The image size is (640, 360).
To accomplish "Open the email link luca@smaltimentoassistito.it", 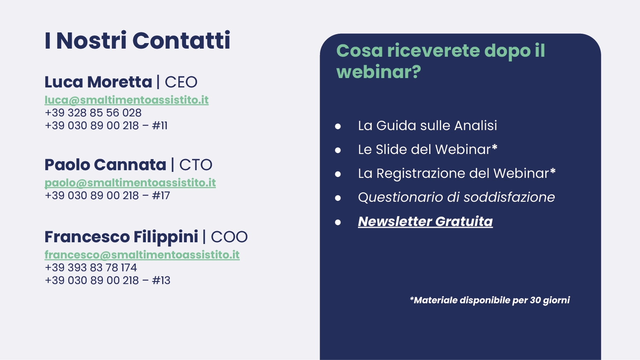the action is pos(127,100).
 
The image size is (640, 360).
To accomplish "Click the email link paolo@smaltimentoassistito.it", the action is pos(130,183).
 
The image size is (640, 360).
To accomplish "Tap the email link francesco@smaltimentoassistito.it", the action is pos(142,255).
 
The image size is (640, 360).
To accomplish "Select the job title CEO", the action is pos(181,82).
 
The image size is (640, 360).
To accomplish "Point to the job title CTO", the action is pos(196,165).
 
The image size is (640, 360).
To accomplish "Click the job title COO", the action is pos(229,237).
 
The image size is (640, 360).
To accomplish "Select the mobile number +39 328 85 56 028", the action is pos(93,113).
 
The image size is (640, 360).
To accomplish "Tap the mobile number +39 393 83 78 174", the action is pos(91,268).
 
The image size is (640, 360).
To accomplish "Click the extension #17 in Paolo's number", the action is pos(161,196).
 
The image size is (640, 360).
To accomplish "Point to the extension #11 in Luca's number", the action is pos(160,126).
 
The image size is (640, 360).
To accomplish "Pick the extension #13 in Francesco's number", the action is pos(161,281).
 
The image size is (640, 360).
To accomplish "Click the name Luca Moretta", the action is pos(98,82).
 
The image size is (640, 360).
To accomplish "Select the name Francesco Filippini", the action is pos(122,237).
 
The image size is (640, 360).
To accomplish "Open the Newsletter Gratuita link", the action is pos(425,221).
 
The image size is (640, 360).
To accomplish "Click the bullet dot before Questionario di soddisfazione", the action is pos(338,198).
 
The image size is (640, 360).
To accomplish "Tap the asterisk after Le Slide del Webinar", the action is pos(495,147).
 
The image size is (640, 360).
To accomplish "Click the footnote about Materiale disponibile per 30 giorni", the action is pos(490,300).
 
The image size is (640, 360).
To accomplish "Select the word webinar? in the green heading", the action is pos(379,72).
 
